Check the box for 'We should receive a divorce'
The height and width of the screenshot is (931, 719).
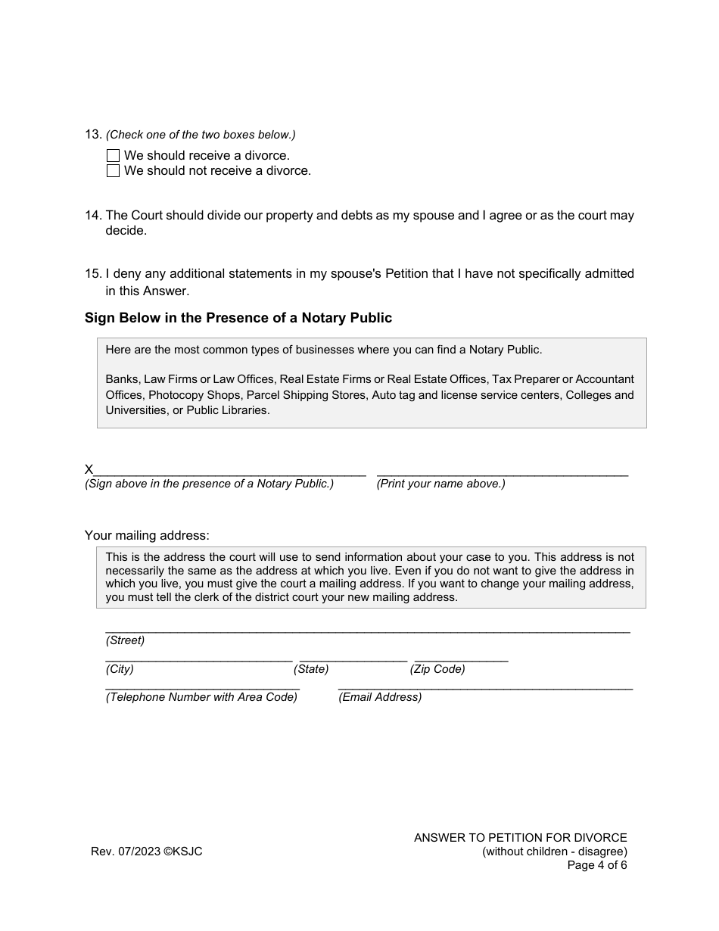pos(113,156)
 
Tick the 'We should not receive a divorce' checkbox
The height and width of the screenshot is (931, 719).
pos(113,171)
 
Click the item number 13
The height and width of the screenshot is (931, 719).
pos(93,135)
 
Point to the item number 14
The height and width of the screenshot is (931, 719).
pos(93,216)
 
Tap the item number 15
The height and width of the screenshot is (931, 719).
pos(93,274)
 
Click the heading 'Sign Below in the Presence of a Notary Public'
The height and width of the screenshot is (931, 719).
pos(238,318)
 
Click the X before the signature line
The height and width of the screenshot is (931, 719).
pos(89,470)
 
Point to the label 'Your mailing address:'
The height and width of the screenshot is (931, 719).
pos(147,536)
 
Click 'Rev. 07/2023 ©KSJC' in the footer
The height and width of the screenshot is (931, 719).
pos(147,852)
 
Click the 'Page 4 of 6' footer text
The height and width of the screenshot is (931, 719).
pos(597,865)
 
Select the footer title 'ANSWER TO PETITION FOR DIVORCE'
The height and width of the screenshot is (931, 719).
pos(521,838)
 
